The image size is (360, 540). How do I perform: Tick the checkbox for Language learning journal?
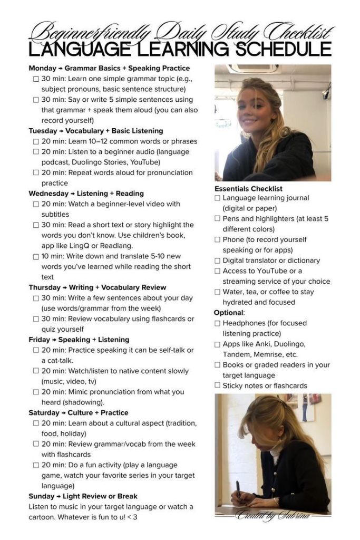pos(217,198)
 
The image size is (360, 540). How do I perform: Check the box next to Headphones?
pos(217,323)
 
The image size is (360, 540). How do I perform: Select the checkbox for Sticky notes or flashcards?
pos(217,385)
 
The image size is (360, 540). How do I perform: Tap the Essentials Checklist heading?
pos(248,188)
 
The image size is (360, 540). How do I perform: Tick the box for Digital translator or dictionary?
pos(217,261)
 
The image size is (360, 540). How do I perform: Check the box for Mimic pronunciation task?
pos(36,392)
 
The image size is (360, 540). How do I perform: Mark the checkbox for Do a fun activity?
pos(36,465)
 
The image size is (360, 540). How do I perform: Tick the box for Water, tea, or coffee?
pos(217,292)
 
